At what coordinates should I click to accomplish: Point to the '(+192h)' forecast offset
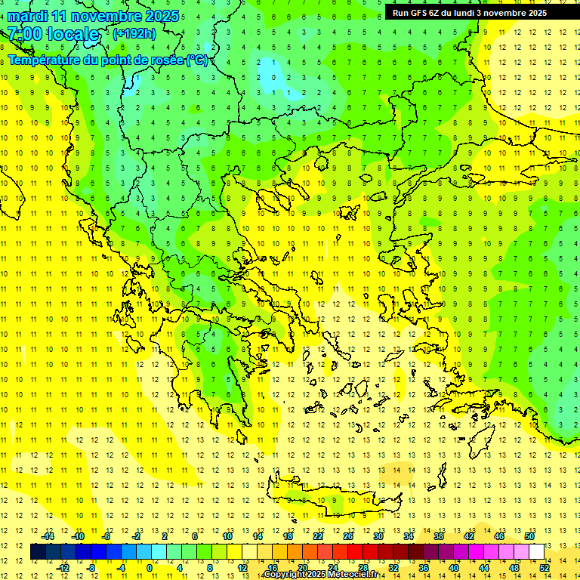134,33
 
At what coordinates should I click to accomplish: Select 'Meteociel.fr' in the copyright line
353,575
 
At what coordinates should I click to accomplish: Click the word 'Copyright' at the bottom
283,575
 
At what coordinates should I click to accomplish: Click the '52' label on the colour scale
544,568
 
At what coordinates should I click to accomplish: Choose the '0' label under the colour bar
150,568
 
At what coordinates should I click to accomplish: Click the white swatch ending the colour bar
536,551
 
